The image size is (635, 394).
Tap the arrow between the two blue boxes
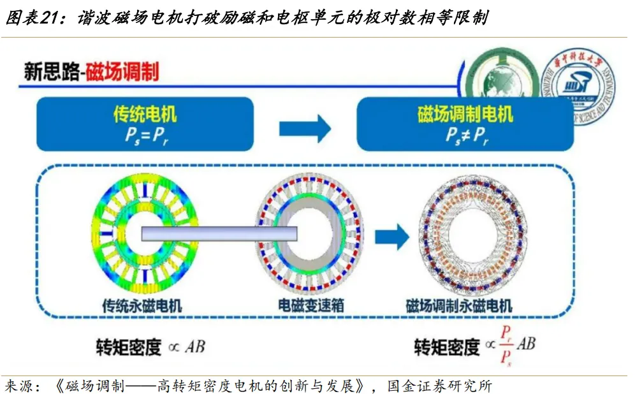[305, 129]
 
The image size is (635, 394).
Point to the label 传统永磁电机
[142, 305]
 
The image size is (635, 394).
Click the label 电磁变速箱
[312, 305]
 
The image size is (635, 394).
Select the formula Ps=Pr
[145, 136]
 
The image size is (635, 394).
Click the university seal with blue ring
[578, 89]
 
